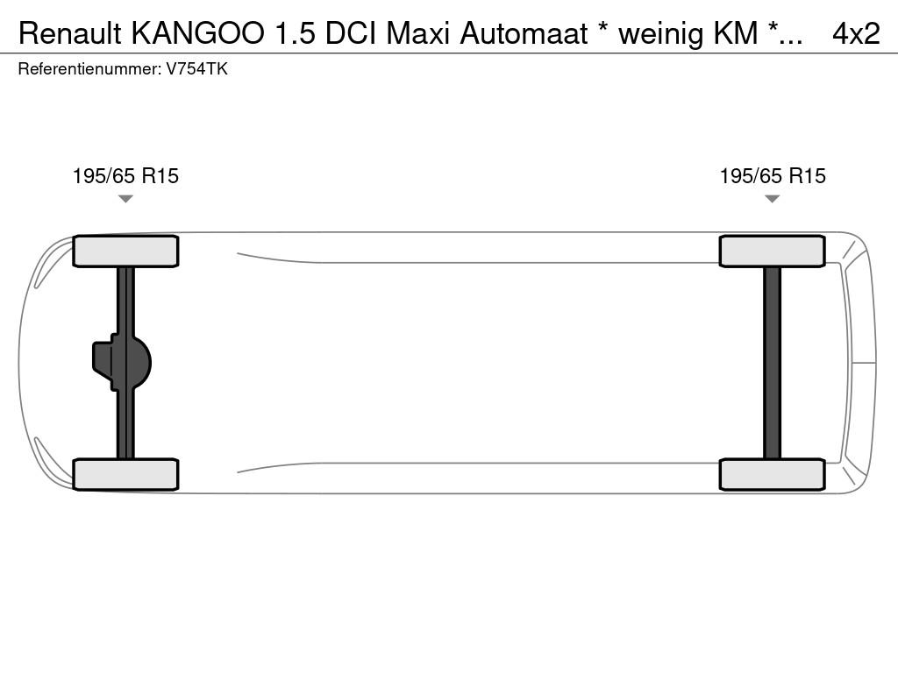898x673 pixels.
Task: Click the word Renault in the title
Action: pos(71,33)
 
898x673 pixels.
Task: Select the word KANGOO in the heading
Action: pos(198,33)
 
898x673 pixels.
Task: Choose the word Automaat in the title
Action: pos(524,33)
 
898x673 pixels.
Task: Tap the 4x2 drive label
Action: pos(856,33)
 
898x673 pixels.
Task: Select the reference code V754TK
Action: pos(196,69)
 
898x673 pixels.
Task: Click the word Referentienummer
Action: pos(89,69)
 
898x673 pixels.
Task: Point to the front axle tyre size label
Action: pos(125,176)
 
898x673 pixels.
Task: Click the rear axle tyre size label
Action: pos(773,176)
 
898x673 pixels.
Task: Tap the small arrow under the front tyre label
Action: pos(125,199)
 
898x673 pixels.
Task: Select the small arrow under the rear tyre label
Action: pos(772,199)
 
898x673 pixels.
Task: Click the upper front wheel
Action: pos(125,251)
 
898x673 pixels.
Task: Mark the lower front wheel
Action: pos(125,474)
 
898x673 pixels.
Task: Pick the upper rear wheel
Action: pos(772,251)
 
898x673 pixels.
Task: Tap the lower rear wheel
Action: pos(772,474)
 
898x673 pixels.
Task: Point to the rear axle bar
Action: pos(772,362)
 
